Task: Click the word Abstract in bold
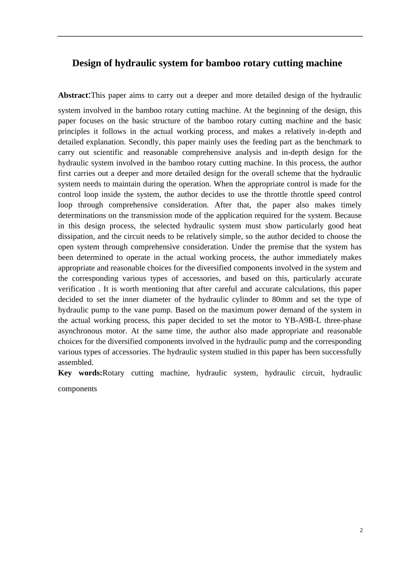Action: (x=72, y=95)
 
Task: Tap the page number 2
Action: (x=361, y=530)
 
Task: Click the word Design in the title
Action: (x=87, y=63)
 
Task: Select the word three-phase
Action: (x=343, y=321)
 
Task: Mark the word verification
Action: (x=76, y=289)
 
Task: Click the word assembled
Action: (x=76, y=362)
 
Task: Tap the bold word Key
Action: (x=65, y=373)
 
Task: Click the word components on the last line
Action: (x=77, y=389)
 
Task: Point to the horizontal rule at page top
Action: (x=210, y=36)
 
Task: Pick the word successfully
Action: (x=340, y=352)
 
